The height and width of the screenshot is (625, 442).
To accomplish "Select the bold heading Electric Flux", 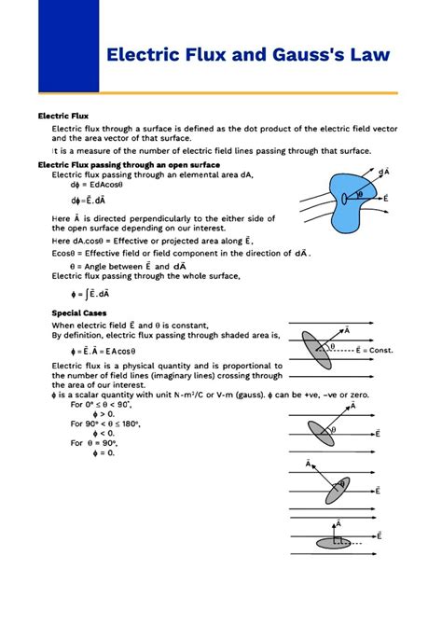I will [62, 116].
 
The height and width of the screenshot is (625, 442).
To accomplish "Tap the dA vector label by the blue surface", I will [383, 172].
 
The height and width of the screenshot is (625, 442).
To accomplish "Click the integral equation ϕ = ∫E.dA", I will [81, 293].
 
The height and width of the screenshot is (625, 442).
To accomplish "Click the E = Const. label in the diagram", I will [375, 351].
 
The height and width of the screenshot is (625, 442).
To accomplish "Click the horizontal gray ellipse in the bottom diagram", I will [333, 543].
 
